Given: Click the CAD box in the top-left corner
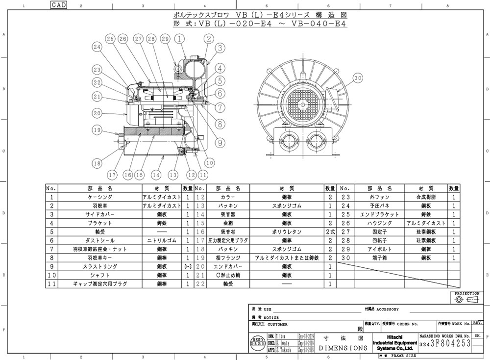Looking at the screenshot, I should [x=58, y=5].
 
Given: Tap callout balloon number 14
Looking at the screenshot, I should [x=156, y=174].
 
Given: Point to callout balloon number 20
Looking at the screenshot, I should [x=98, y=113].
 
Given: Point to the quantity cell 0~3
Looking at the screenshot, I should [x=188, y=266].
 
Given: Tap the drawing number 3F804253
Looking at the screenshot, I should [x=449, y=344].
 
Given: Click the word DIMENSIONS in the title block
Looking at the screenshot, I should [x=343, y=348].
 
